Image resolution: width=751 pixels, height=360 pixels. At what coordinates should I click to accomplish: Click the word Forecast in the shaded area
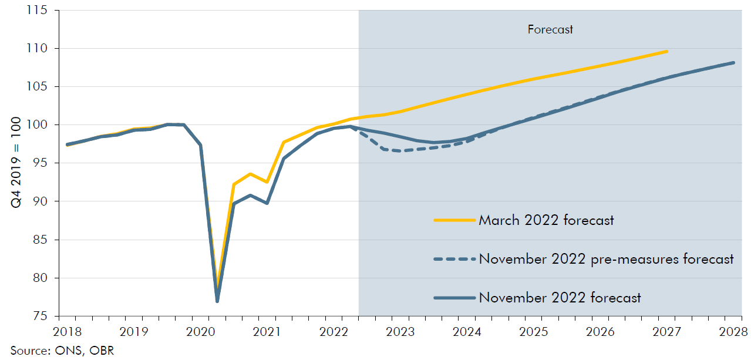(550, 29)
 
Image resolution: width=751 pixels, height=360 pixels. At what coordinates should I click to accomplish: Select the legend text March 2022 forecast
(546, 220)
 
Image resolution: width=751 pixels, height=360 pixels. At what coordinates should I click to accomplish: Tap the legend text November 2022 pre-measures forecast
(606, 259)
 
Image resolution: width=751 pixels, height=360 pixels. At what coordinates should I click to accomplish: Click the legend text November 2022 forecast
(560, 298)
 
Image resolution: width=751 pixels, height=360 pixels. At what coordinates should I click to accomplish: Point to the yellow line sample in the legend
(454, 220)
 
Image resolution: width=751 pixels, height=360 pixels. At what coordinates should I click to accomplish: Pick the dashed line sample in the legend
(454, 259)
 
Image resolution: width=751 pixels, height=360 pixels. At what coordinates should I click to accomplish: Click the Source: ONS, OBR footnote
(57, 351)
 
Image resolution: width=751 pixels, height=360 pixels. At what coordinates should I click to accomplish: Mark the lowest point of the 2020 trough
(217, 301)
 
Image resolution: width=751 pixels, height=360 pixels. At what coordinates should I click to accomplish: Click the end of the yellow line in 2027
(667, 52)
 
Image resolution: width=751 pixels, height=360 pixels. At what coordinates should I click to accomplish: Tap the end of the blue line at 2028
(734, 62)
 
